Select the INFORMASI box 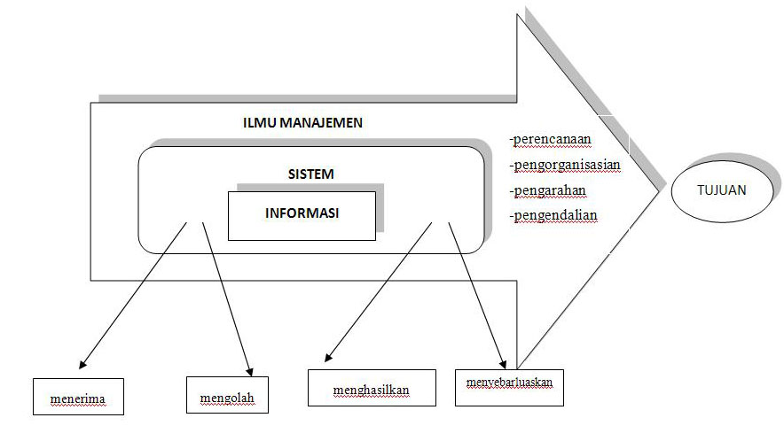(x=302, y=213)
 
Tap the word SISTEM (x=310, y=174)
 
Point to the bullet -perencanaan (x=550, y=139)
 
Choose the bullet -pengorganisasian (x=564, y=164)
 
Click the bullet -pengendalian (x=553, y=214)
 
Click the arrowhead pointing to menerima (x=82, y=364)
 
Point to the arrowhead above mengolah (x=249, y=370)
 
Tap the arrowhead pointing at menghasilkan (x=327, y=358)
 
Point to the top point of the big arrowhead (x=519, y=16)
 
